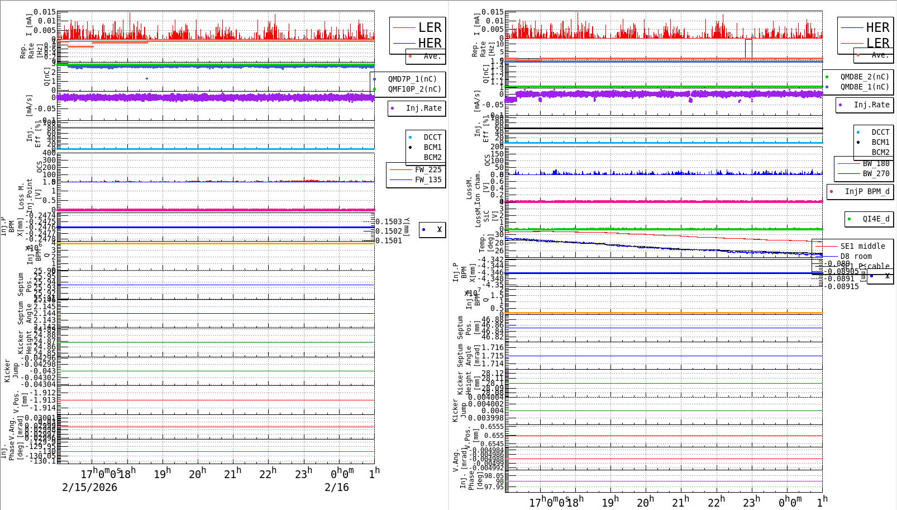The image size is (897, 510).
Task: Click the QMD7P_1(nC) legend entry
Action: tap(412, 79)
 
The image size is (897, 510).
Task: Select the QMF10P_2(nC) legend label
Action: tap(414, 89)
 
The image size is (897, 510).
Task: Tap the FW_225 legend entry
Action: tap(428, 169)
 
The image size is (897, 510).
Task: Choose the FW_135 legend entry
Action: tap(428, 180)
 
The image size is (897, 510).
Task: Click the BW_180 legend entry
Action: tap(876, 163)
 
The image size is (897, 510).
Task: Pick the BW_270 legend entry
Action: tap(876, 173)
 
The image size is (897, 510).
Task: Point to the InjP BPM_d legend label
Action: tap(867, 191)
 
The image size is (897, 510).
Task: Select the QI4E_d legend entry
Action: tap(876, 219)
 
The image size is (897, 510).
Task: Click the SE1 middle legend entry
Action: tap(862, 246)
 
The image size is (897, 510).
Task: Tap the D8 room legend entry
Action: tap(856, 256)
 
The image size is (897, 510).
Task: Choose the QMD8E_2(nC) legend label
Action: tap(864, 77)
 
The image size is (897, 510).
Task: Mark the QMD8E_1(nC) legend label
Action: tap(864, 87)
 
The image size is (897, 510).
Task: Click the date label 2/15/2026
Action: tap(89, 488)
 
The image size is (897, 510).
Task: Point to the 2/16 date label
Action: tap(337, 488)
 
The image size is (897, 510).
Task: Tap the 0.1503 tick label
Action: tap(389, 222)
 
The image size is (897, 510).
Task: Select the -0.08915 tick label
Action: tap(843, 286)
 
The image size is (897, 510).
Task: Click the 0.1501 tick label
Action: tap(389, 241)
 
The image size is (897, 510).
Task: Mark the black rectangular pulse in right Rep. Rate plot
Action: tap(748, 48)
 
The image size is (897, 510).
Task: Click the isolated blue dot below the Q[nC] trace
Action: tap(147, 79)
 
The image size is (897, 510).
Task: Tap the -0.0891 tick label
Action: tap(841, 278)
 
